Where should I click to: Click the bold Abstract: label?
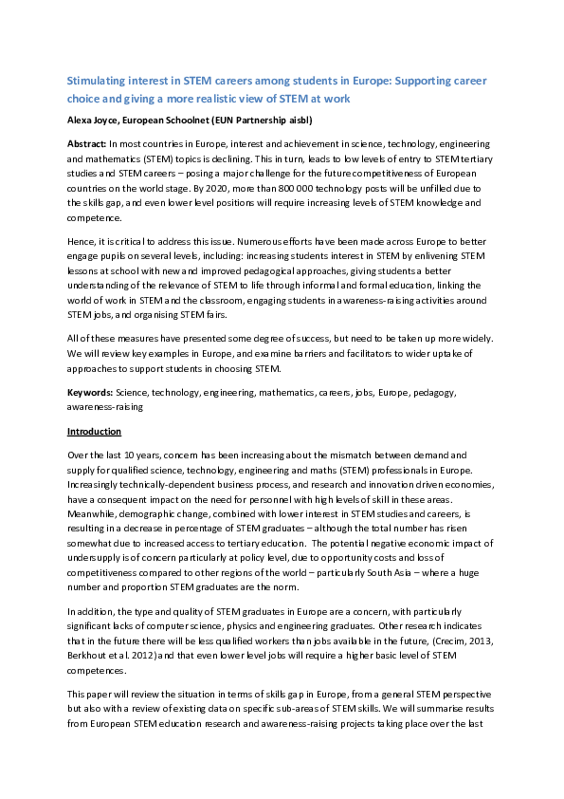click(86, 141)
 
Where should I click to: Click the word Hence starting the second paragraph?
click(80, 242)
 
